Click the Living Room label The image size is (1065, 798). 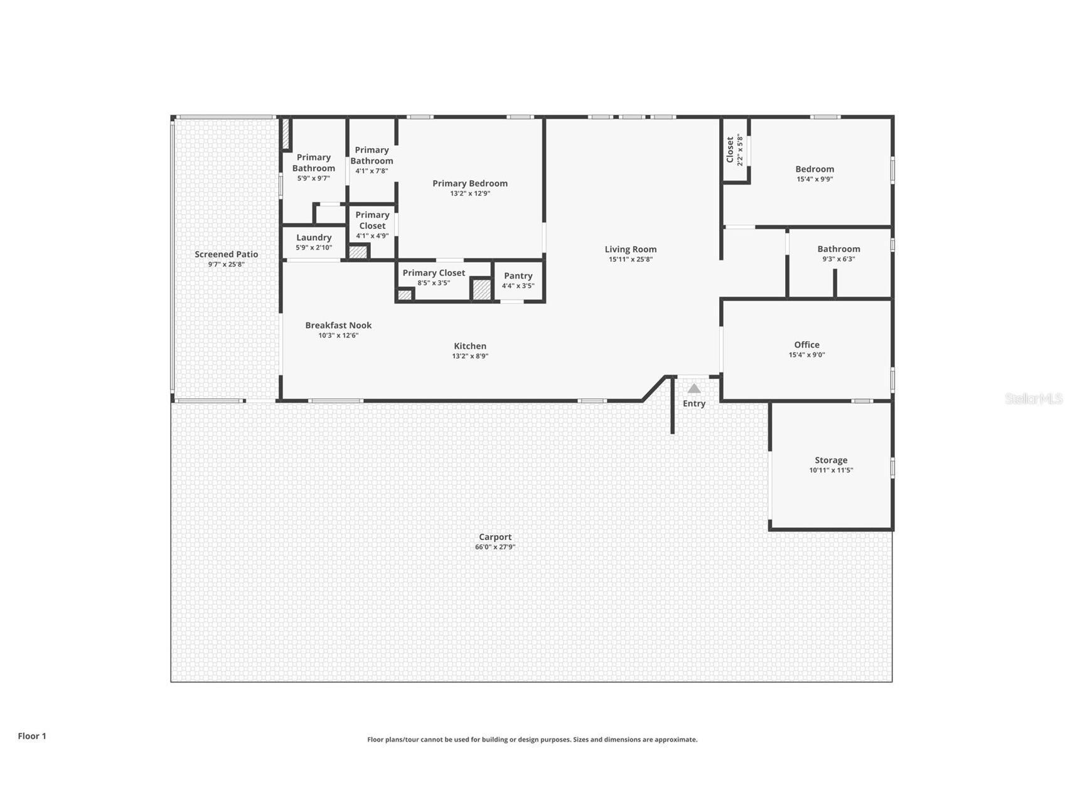coord(630,249)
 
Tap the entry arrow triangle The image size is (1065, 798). coord(693,388)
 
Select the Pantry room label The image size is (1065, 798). coord(518,275)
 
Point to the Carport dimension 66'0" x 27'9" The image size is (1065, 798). coord(495,547)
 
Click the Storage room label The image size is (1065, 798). coord(831,460)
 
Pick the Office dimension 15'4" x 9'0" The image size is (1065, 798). coord(806,355)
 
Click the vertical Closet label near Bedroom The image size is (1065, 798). coord(730,150)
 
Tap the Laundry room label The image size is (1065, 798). coord(314,237)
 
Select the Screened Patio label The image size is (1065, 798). coord(226,254)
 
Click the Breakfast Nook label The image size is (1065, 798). coord(338,325)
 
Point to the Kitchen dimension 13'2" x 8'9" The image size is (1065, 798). coord(470,356)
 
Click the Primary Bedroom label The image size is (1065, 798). coord(469,183)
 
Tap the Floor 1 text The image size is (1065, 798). coord(32,736)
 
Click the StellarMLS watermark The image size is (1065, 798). coord(1033,399)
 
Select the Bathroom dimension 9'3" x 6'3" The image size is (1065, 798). coord(838,259)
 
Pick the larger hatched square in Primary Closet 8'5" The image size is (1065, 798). coord(481,289)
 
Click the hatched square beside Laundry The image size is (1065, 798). coord(358,252)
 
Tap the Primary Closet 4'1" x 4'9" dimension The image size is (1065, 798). coord(372,237)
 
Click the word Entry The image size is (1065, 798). coord(694,403)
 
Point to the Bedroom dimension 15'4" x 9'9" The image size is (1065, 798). coord(815,179)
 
